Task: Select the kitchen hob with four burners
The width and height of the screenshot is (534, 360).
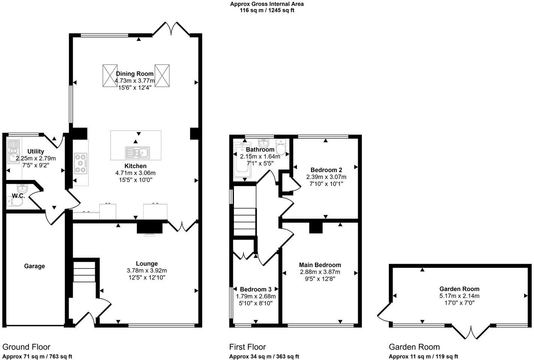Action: coord(81,163)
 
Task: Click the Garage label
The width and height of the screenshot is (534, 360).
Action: coord(34,266)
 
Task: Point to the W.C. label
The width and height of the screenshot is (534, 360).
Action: coord(18,196)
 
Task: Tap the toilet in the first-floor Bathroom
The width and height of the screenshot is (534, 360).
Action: coord(281,146)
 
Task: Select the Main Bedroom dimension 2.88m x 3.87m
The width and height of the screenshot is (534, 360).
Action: coord(320,272)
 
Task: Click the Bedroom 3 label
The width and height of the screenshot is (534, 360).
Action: coord(255,289)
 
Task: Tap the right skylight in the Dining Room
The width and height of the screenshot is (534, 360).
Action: coord(162,76)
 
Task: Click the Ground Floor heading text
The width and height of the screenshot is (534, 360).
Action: coord(26,347)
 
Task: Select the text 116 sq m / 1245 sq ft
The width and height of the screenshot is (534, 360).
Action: coord(267,10)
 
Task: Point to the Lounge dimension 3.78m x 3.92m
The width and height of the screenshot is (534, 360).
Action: coord(147,270)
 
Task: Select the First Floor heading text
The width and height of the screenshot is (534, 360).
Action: coord(247,347)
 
